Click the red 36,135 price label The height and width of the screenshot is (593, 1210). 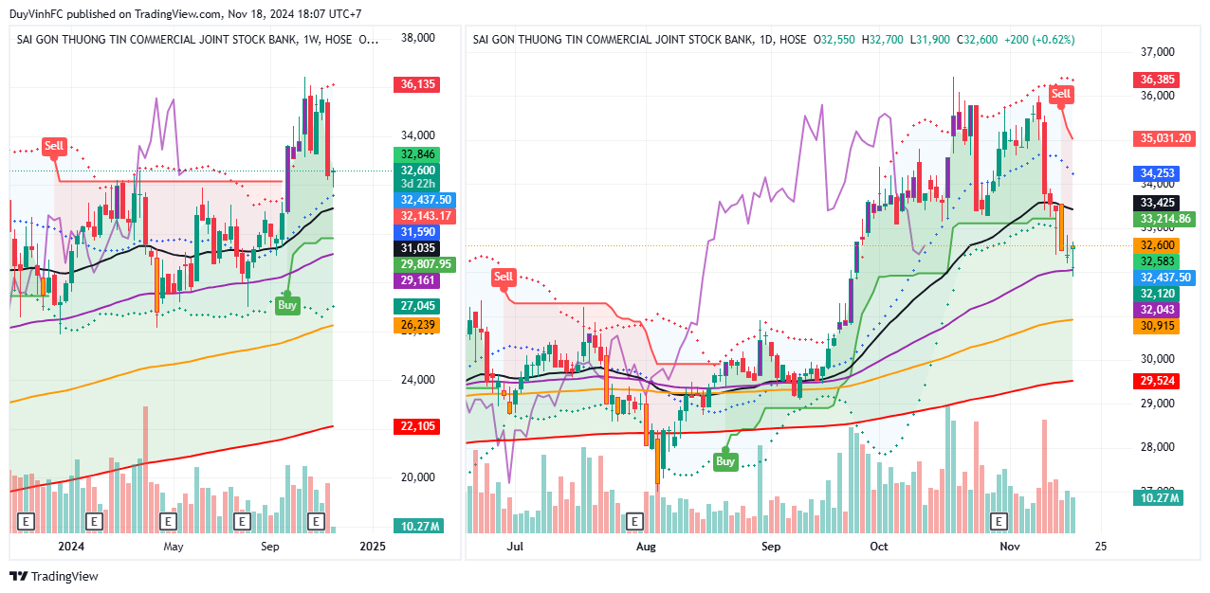(418, 84)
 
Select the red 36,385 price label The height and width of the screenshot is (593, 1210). (1158, 81)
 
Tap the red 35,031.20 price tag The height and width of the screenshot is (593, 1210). (1164, 138)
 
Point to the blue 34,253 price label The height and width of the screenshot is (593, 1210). (1158, 173)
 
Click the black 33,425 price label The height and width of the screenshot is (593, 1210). (1158, 203)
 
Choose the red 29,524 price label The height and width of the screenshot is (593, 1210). (1158, 381)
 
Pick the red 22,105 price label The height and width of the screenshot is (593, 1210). (418, 426)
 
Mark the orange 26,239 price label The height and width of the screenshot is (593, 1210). (418, 325)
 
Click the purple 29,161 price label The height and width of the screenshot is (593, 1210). (418, 281)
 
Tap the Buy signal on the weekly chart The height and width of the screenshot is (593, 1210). (286, 305)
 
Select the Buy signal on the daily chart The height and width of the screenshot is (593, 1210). (725, 461)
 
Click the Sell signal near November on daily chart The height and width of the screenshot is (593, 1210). (1061, 94)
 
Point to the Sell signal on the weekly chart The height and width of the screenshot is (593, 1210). (54, 146)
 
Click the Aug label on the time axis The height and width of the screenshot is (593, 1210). (646, 547)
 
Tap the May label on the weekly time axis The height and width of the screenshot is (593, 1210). (173, 547)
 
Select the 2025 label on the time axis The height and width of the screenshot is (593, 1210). (373, 547)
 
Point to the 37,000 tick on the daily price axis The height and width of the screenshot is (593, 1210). (1157, 52)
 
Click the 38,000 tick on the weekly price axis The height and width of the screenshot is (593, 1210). (418, 38)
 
